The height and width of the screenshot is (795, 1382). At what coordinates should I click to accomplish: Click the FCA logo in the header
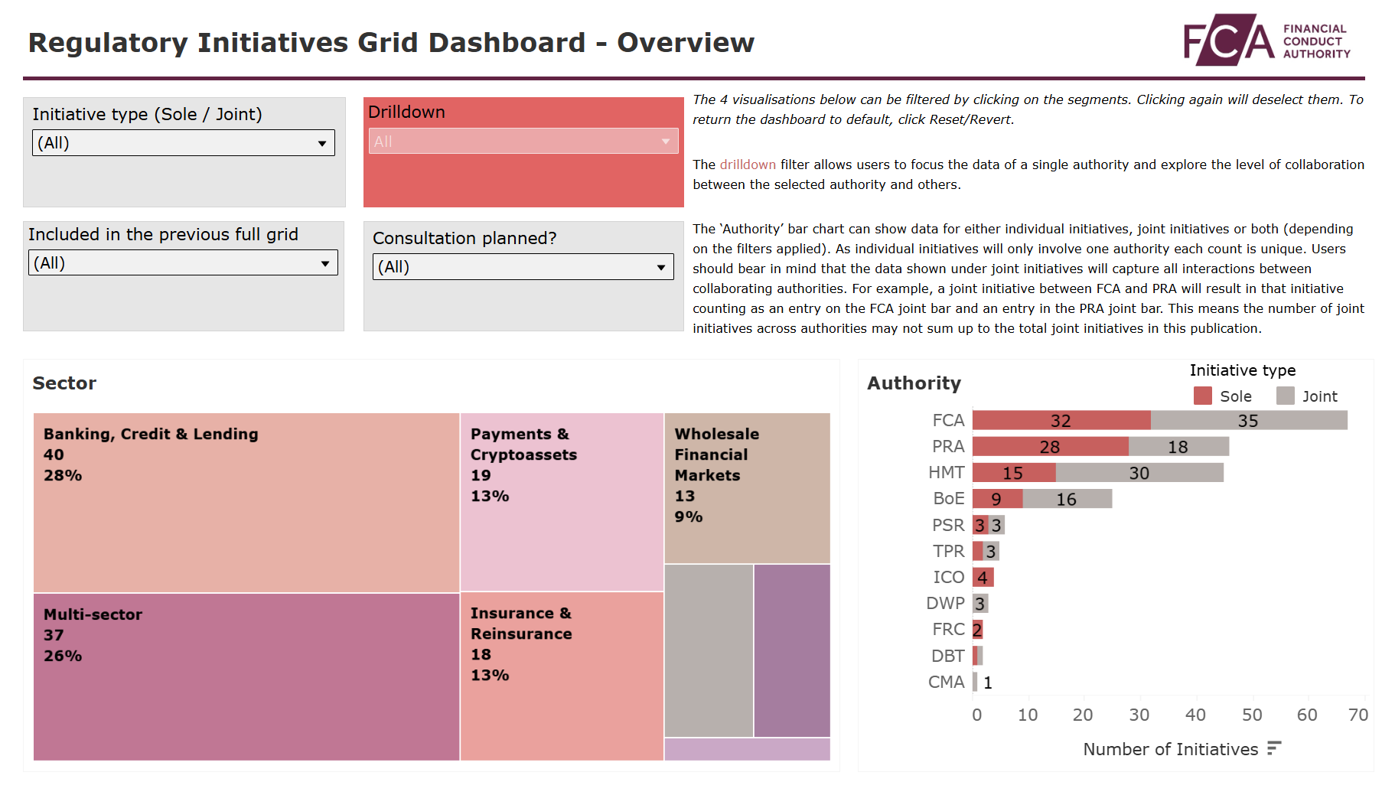click(x=1266, y=40)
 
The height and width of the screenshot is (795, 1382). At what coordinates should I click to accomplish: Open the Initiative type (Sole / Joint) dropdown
click(x=183, y=143)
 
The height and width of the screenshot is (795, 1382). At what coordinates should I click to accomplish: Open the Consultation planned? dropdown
click(x=523, y=267)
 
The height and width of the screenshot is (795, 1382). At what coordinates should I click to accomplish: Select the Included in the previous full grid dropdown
click(x=183, y=263)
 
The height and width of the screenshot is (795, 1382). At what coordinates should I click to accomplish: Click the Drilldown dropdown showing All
click(x=523, y=142)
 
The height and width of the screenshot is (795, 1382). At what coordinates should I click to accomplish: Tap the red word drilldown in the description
click(x=747, y=165)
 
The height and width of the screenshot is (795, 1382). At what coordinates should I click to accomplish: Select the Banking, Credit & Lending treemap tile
click(x=246, y=503)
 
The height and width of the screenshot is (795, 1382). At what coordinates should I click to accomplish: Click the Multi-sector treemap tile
click(x=246, y=677)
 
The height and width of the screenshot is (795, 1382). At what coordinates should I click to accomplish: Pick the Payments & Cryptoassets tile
click(x=562, y=503)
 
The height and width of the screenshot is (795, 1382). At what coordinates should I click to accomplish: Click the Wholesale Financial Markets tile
click(x=747, y=488)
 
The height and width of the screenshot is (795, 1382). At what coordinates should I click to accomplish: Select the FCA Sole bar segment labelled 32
click(x=1061, y=420)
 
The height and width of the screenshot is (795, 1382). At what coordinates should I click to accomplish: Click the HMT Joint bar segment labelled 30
click(x=1139, y=473)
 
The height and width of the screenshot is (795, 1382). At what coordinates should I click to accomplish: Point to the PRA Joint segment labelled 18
click(x=1178, y=447)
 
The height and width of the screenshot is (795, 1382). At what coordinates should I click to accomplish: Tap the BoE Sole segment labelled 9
click(x=996, y=499)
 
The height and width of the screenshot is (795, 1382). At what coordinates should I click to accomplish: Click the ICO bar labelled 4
click(x=983, y=578)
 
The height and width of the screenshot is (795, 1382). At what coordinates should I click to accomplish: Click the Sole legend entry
click(x=1223, y=396)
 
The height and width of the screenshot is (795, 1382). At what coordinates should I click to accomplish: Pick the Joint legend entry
click(x=1307, y=396)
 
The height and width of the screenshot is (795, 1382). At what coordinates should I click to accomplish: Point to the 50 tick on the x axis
click(x=1252, y=715)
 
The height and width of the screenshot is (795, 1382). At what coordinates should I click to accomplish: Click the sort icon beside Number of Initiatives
click(x=1273, y=748)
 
